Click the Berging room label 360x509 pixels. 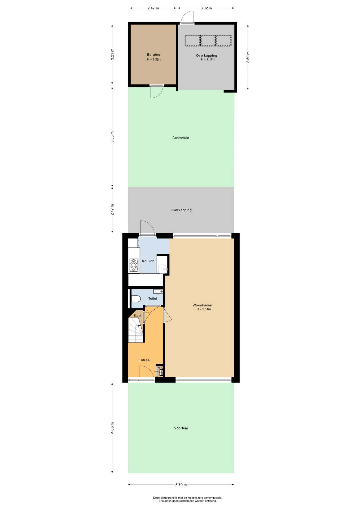[x=153, y=55]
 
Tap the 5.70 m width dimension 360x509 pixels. [x=181, y=485]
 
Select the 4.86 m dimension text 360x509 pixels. [x=112, y=428]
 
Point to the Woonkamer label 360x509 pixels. [x=203, y=305]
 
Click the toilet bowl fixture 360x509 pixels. [x=136, y=299]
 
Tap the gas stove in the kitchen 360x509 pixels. [x=134, y=266]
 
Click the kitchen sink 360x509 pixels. [x=163, y=269]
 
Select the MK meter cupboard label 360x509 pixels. [x=160, y=368]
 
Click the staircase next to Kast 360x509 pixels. [x=136, y=330]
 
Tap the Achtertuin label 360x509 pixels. [x=181, y=138]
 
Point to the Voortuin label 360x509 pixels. [x=181, y=428]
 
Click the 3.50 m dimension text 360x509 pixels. [x=248, y=57]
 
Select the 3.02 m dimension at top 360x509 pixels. [x=206, y=8]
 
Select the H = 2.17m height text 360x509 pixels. [x=208, y=59]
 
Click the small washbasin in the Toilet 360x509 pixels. [x=158, y=292]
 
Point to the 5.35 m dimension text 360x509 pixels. [x=112, y=137]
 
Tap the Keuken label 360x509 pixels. [x=148, y=261]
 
